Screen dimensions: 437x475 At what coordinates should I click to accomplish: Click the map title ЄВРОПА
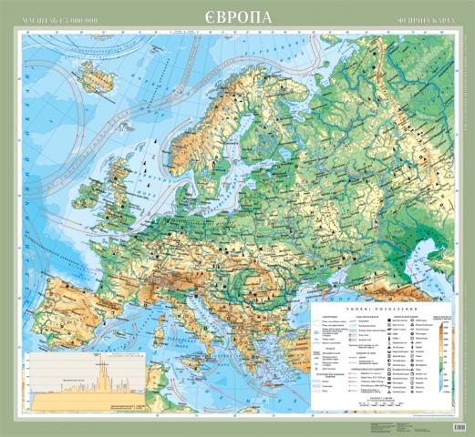pyautogui.click(x=236, y=16)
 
